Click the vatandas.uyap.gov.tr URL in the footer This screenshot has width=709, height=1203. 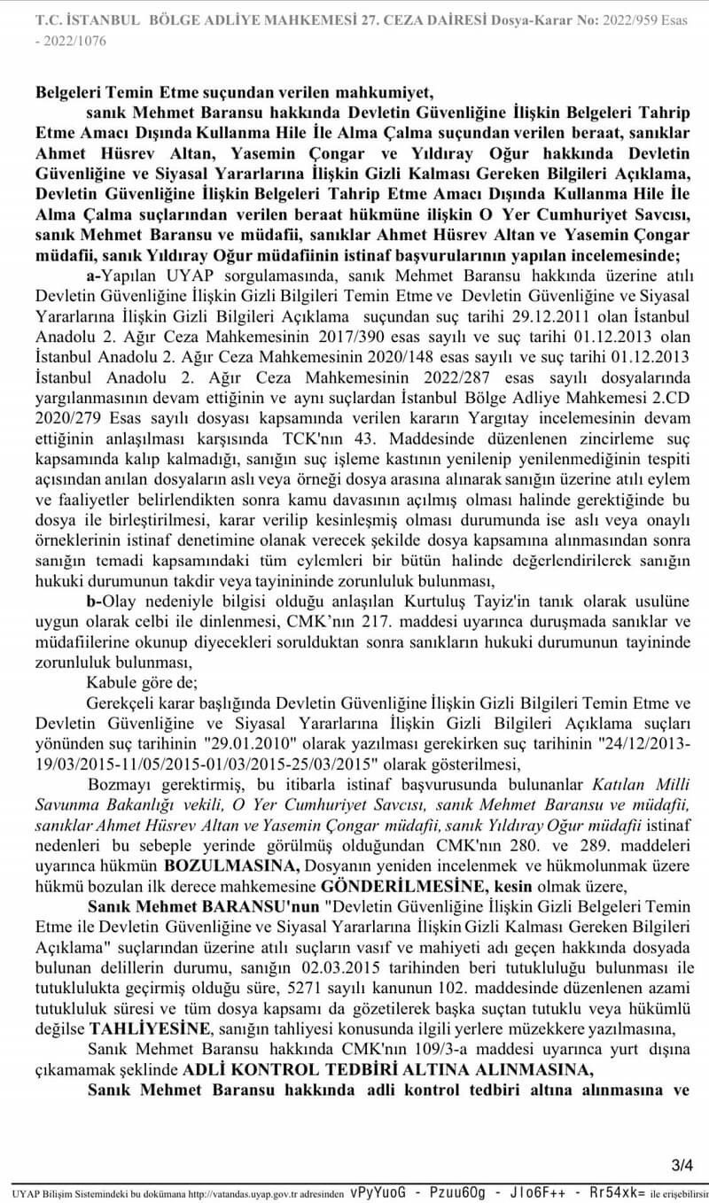click(244, 1193)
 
